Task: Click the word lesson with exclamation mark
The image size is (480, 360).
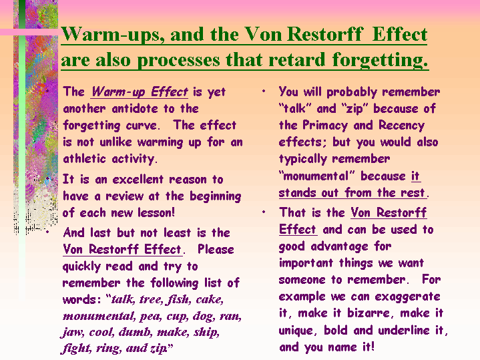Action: [x=156, y=212]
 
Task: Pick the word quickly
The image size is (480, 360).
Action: [x=81, y=266]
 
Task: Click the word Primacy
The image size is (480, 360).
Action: [x=325, y=126]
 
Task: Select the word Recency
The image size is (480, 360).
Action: [x=402, y=126]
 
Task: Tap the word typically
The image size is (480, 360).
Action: [x=303, y=159]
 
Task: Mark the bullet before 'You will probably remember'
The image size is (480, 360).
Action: [x=264, y=91]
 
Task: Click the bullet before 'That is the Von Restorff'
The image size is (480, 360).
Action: [x=264, y=212]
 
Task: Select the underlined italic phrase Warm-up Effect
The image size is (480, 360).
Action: [x=140, y=92]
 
